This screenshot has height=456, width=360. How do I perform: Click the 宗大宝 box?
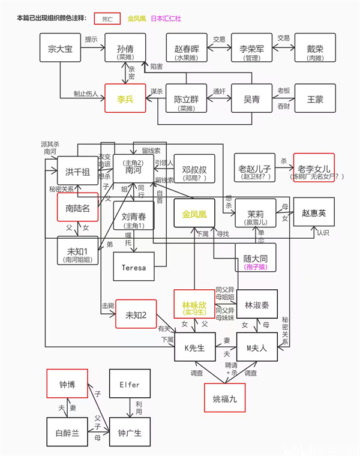[x=60, y=49]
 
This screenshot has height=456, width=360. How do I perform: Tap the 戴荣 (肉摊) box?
[x=314, y=49]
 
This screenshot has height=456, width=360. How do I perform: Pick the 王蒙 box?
[x=314, y=98]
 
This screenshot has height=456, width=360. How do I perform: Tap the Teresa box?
[x=134, y=267]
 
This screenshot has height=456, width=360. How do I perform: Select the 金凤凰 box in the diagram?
[x=194, y=214]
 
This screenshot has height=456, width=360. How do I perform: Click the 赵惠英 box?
[x=314, y=212]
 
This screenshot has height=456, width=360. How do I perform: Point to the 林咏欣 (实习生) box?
[x=194, y=305]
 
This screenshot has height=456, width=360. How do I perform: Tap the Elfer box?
[x=129, y=385]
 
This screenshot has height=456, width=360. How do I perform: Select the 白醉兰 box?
[x=68, y=433]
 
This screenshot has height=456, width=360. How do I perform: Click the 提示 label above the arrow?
[x=91, y=39]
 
